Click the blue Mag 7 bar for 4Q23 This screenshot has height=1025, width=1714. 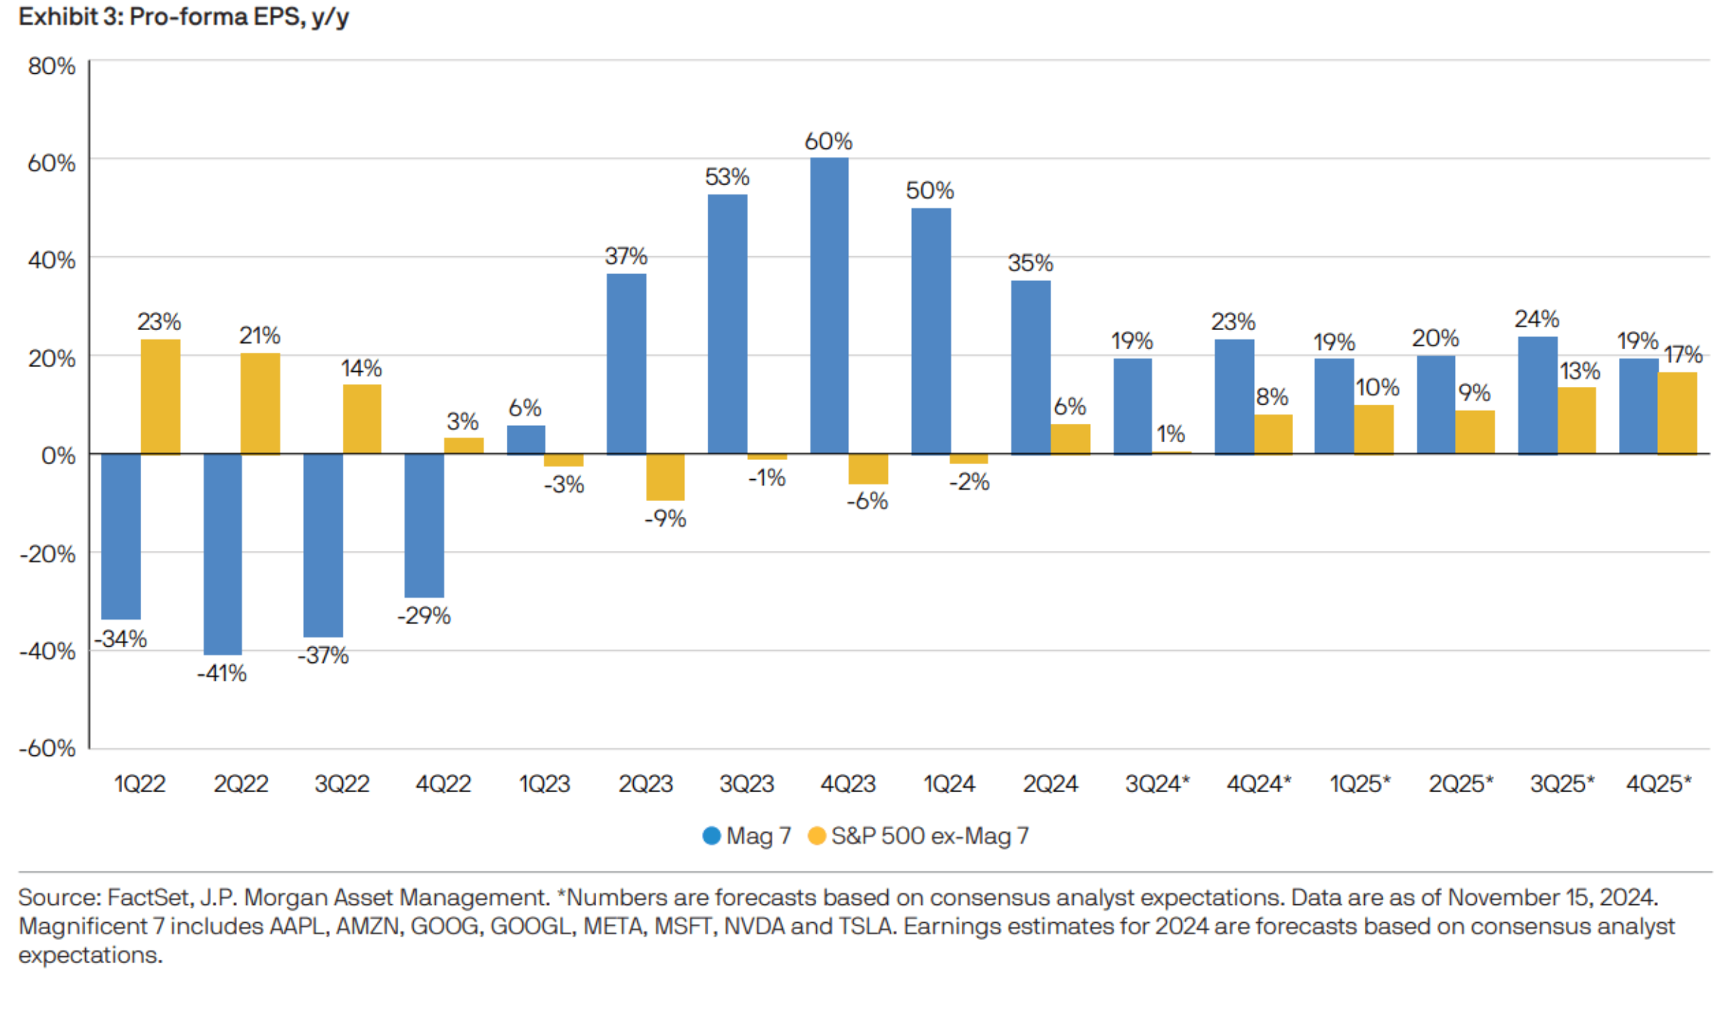coord(828,305)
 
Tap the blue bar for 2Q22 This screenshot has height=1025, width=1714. coord(222,554)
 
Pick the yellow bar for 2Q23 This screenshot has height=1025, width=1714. coord(665,477)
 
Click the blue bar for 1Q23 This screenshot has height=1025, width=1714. coord(526,439)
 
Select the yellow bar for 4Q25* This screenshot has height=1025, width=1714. coord(1676,412)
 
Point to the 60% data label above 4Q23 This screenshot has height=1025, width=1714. coord(828,141)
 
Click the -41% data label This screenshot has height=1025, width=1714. coord(221,673)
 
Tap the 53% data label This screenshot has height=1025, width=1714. coord(727,177)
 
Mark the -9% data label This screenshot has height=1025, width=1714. coord(665,519)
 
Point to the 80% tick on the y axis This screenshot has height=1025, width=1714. coord(51,66)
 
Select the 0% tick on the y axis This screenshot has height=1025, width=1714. coord(58,455)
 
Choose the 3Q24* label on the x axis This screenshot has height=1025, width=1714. coord(1157,784)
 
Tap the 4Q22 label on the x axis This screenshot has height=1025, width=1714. coord(443,784)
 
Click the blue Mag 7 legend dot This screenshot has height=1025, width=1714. coord(711,835)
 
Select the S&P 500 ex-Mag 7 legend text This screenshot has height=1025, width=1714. coord(930,835)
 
